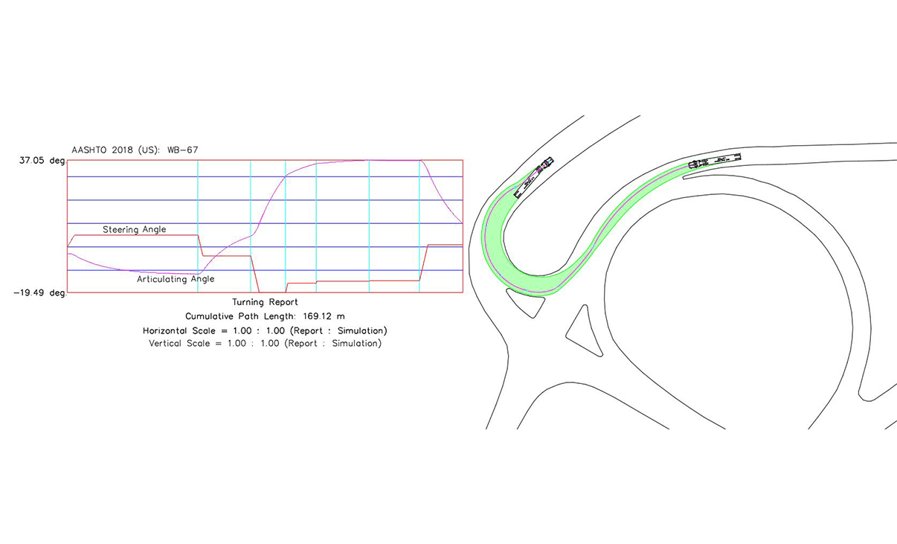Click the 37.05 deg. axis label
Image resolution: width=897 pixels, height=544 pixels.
tap(42, 161)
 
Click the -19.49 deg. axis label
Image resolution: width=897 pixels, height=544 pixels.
tap(39, 292)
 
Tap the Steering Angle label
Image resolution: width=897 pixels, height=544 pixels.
tap(134, 229)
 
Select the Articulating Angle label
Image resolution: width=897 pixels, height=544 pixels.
tap(176, 279)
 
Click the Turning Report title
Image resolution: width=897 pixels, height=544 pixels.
tap(265, 302)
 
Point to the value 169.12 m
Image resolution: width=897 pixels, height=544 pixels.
tap(324, 316)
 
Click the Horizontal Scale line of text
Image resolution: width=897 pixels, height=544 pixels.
tap(265, 331)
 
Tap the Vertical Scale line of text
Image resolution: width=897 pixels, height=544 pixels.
tap(265, 343)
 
